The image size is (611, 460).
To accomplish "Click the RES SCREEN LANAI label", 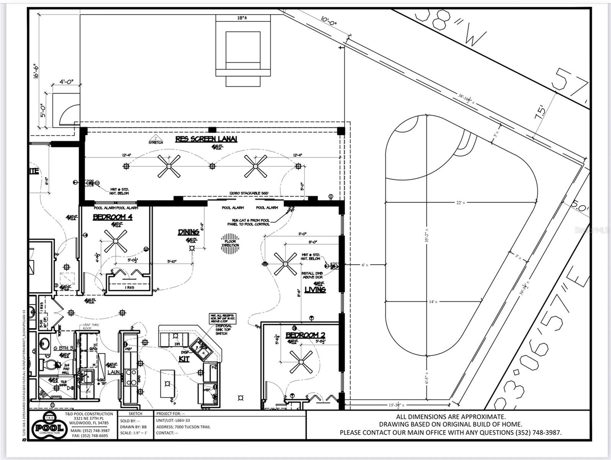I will pyautogui.click(x=206, y=139).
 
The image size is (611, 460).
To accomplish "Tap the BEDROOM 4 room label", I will pyautogui.click(x=113, y=217).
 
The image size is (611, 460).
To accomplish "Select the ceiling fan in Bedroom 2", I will pyautogui.click(x=301, y=362).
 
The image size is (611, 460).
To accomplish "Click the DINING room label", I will pyautogui.click(x=188, y=232).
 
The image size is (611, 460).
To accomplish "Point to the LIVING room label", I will pyautogui.click(x=315, y=289).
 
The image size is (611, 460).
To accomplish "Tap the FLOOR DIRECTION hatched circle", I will pyautogui.click(x=230, y=243).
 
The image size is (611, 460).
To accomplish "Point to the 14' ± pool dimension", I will pyautogui.click(x=433, y=302).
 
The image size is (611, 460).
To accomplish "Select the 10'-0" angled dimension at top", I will pyautogui.click(x=328, y=24).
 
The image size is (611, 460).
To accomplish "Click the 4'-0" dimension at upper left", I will pyautogui.click(x=66, y=82).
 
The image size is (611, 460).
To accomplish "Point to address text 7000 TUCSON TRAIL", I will pyautogui.click(x=183, y=427).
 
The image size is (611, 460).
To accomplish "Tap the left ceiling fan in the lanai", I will pyautogui.click(x=169, y=166).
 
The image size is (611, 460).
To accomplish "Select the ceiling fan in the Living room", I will pyautogui.click(x=285, y=264).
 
